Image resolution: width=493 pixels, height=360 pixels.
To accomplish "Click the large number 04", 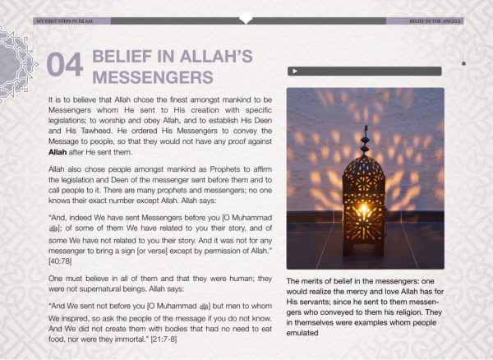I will [x=65, y=67].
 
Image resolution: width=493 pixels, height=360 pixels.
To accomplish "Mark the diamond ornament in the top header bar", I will [x=246, y=19].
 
